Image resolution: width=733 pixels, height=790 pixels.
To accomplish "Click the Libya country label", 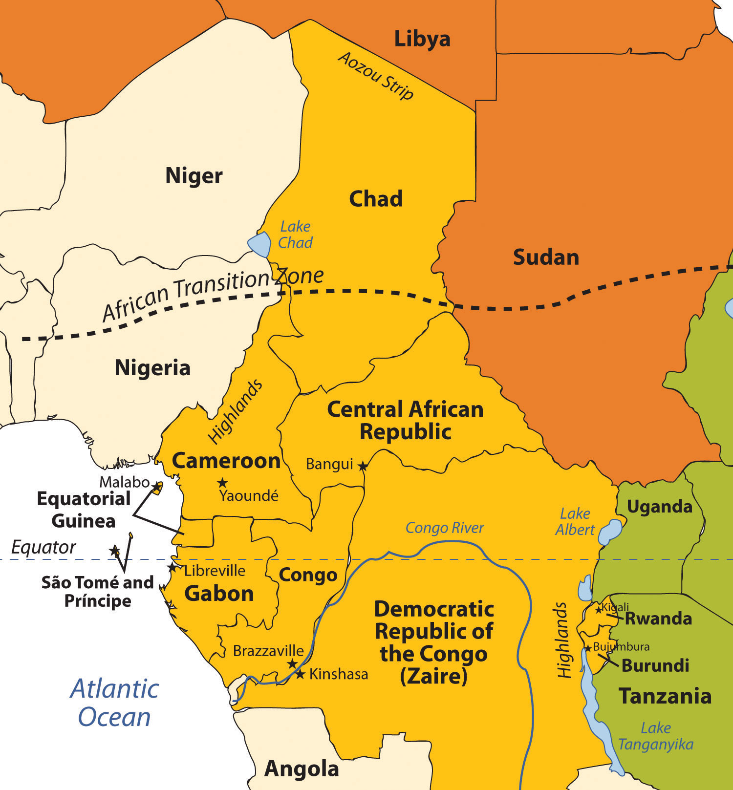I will (422, 39).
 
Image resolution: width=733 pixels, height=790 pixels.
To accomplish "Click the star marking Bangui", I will (362, 466).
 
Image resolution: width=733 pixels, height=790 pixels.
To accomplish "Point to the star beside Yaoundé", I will (222, 483).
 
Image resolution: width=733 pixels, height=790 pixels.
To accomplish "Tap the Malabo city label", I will (124, 482).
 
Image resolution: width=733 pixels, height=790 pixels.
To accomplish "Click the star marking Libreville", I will (172, 568).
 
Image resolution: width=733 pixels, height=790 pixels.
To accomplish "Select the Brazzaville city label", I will (268, 651).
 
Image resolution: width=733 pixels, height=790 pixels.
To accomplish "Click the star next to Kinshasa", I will (300, 674).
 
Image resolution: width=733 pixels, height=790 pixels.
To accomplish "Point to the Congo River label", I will (444, 528).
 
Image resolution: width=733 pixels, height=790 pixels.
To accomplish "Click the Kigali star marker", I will (598, 609).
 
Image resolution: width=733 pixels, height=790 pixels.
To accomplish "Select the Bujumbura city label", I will (621, 647).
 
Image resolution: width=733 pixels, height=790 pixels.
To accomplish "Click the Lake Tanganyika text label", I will (655, 736).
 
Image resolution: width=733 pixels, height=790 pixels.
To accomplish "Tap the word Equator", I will (43, 547).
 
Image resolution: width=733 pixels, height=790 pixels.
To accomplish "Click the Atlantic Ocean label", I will (115, 703).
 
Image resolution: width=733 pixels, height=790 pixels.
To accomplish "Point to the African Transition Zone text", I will (213, 293).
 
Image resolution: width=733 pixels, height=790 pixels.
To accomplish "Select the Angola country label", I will (302, 769).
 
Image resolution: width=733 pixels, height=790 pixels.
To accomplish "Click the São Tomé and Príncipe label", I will (97, 591).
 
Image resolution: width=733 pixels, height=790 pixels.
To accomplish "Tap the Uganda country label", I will (659, 507).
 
